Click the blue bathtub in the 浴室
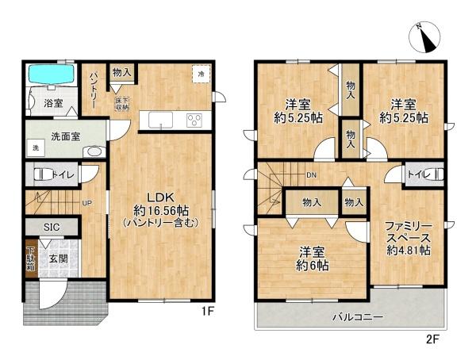[x=51, y=75]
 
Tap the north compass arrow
[x=425, y=36]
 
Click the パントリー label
[x=93, y=89]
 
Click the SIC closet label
[x=51, y=227]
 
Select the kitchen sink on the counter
[x=159, y=121]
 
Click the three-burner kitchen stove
[x=194, y=121]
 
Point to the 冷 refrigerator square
[x=202, y=74]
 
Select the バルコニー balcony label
[x=357, y=318]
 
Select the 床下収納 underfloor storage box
[x=126, y=101]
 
